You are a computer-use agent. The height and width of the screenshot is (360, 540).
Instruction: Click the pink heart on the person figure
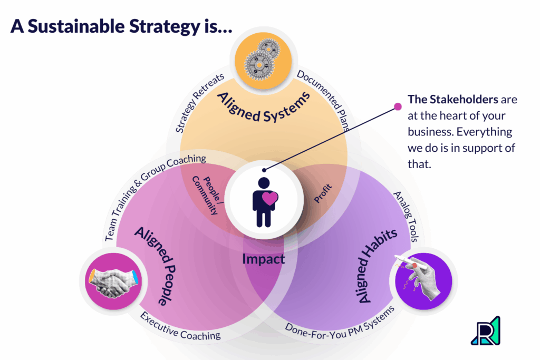point(270,199)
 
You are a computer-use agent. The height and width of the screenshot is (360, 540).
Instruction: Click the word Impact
point(263,259)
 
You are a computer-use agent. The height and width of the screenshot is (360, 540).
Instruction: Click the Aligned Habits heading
point(375,267)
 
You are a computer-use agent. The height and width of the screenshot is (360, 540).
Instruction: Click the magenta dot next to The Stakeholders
point(398,106)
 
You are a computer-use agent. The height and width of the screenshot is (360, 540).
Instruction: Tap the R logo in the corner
point(485,330)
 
